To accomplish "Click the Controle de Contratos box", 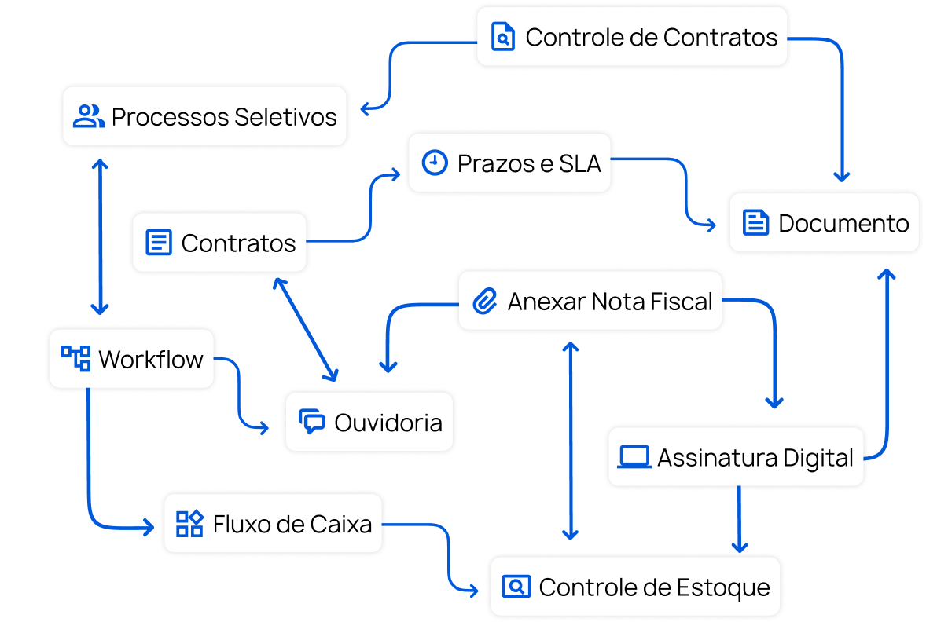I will click(633, 37).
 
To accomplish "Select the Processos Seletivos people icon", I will click(88, 116).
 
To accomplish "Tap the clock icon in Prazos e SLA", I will click(434, 163).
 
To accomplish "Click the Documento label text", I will click(843, 223).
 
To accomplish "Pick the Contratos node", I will click(219, 243).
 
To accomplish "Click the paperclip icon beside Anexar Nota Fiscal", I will click(485, 302).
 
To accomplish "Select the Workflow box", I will click(131, 359).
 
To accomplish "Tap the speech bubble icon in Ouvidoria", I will click(312, 422).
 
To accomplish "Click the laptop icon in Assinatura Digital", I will click(634, 457).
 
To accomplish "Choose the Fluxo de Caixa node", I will click(273, 523).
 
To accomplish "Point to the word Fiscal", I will click(682, 302).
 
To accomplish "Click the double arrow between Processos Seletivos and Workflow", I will click(100, 236).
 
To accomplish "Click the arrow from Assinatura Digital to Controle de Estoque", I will click(739, 518).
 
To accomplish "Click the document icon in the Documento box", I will click(755, 223).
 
